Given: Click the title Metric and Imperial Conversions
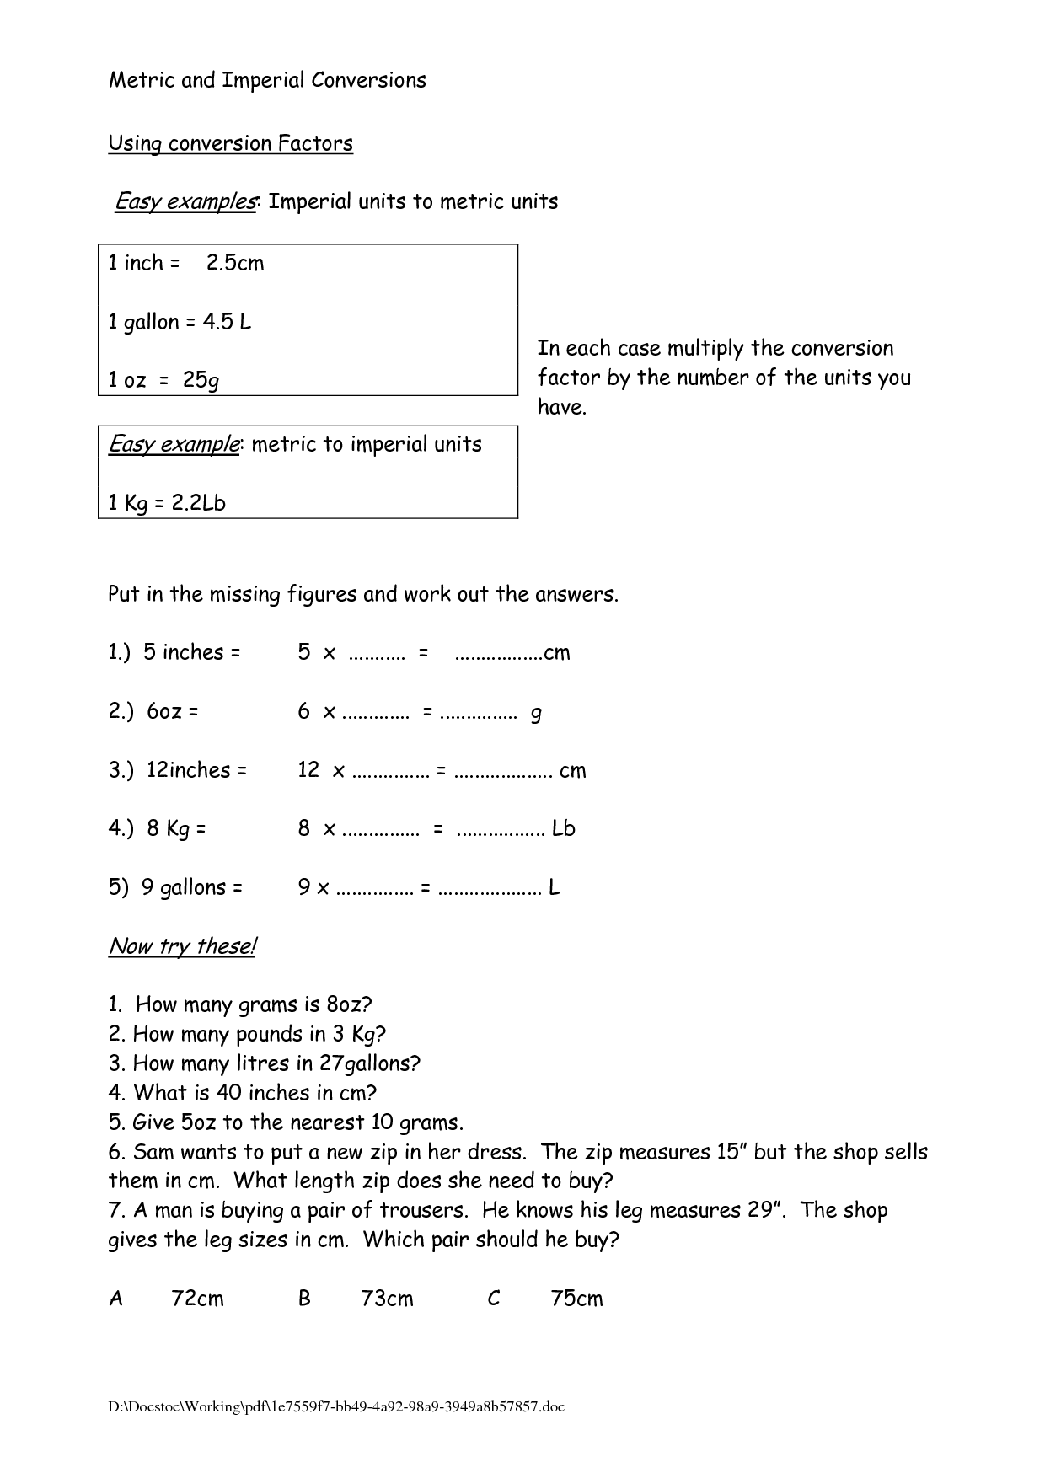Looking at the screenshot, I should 267,81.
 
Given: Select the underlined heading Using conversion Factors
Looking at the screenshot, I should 230,143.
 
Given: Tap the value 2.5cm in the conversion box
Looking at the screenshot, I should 235,263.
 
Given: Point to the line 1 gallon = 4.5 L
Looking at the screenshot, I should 180,322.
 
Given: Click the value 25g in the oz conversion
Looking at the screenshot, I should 201,380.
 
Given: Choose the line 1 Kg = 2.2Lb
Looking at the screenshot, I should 167,503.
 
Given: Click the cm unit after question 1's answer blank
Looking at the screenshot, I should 557,653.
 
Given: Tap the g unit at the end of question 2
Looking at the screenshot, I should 536,714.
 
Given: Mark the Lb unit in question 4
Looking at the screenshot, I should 564,829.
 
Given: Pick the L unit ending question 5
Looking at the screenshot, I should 555,887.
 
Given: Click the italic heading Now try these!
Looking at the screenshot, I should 182,946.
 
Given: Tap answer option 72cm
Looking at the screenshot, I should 197,1299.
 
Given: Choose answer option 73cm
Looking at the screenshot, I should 387,1299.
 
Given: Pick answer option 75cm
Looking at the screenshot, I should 576,1299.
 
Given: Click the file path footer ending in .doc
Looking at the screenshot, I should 336,1407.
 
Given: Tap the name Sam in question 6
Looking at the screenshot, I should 153,1152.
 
